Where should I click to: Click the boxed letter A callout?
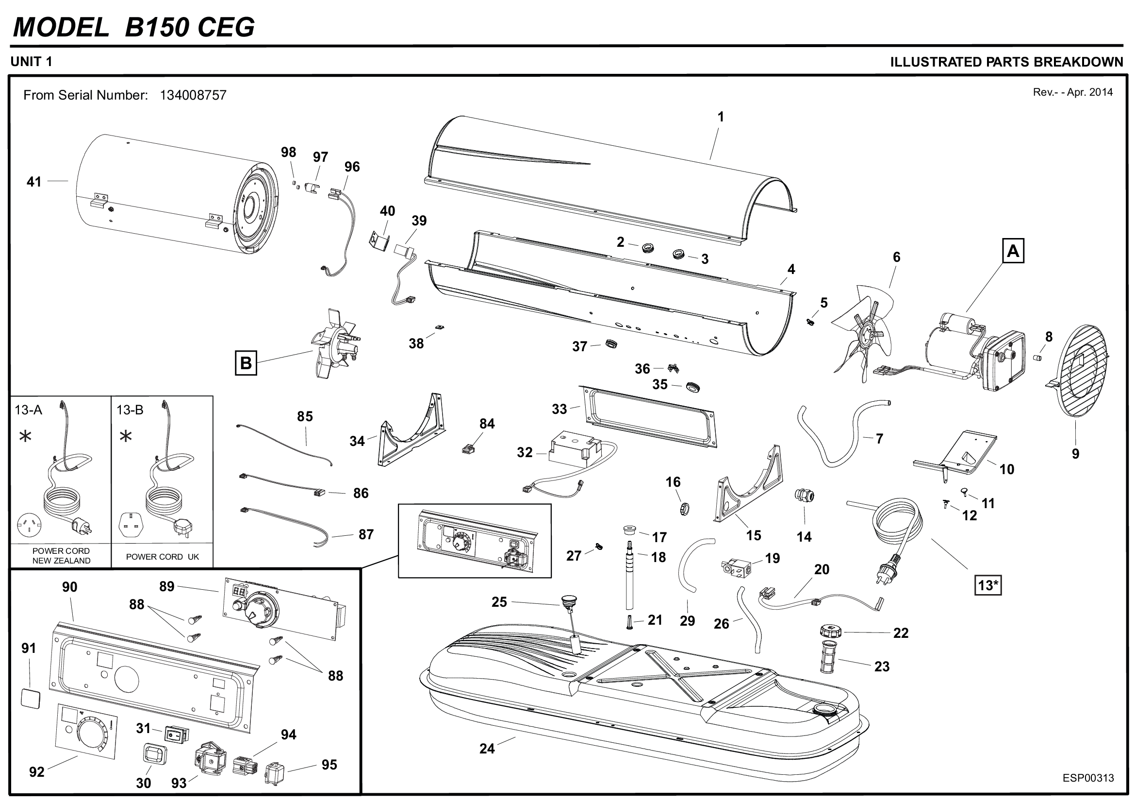coord(1013,251)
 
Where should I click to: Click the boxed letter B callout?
coord(246,363)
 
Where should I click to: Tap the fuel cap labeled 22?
coord(830,632)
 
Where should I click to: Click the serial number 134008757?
coord(193,95)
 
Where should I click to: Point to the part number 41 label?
coord(33,182)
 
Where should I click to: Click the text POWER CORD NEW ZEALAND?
coord(61,556)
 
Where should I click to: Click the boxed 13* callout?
coord(987,585)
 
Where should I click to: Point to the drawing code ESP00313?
coord(1088,778)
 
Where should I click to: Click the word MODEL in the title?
coord(61,27)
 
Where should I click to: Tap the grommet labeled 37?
coord(611,343)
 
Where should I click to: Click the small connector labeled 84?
coord(465,450)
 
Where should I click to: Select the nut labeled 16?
coord(685,508)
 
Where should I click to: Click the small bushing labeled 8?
coord(1038,357)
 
